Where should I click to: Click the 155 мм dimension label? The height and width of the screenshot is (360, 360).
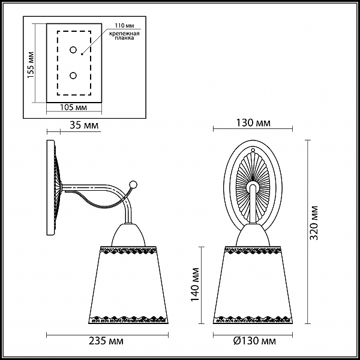pos(31,65)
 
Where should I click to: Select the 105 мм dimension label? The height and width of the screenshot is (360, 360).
pos(73,107)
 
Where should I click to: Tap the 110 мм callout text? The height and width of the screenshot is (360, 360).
pos(124,25)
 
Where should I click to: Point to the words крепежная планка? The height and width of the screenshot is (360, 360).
pos(124,35)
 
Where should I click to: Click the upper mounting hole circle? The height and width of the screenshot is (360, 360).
pos(73,50)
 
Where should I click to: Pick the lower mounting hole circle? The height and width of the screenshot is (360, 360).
pos(73,76)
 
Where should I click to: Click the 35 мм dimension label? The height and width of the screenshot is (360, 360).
pos(84,125)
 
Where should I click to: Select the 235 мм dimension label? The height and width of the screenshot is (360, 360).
pos(106,341)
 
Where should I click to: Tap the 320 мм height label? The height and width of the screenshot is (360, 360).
pos(314,223)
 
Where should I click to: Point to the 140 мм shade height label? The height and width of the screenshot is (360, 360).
pos(194,284)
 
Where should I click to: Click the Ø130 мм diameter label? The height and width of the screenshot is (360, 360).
pos(254,341)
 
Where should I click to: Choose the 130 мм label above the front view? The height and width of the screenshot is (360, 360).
pos(253,123)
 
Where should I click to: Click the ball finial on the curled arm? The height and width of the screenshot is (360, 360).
pos(133,184)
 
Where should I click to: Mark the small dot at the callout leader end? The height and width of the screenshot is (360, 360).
pos(82,55)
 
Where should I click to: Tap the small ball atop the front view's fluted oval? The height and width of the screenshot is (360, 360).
pos(253,150)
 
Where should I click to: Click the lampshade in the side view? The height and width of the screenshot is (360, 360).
pos(128,285)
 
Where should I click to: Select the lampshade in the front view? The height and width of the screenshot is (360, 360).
pos(253,285)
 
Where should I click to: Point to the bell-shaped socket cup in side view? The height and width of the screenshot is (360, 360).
pos(128,235)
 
